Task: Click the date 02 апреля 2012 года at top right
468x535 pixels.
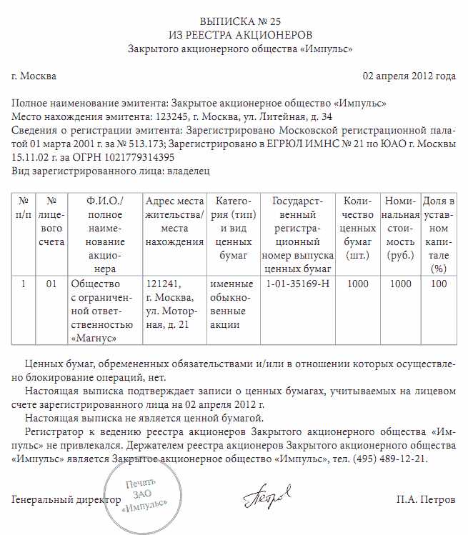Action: (409, 76)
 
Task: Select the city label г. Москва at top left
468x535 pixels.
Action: (34, 76)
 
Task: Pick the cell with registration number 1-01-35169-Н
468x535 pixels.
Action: (297, 284)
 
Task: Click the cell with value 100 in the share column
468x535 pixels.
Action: (439, 284)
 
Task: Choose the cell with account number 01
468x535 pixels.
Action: (51, 284)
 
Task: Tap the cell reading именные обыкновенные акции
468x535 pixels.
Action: (229, 304)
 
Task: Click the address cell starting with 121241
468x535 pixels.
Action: (173, 304)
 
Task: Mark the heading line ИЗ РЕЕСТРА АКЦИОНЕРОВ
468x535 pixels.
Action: (240, 34)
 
